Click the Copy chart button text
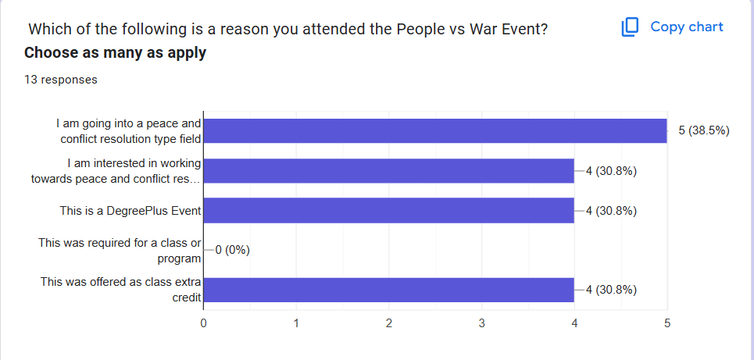coord(687,27)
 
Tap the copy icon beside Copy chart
coord(630,27)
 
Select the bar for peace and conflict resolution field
coord(434,130)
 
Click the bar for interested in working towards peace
coord(388,171)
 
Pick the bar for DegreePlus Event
coord(388,211)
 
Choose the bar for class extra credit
coord(388,290)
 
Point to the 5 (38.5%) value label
coord(703,130)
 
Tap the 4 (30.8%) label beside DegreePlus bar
coord(611,211)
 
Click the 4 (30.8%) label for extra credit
coord(611,290)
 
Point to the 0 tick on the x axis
coord(204,322)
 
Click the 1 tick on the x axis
coord(296,322)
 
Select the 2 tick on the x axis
coord(389,322)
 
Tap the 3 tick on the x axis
coord(481,322)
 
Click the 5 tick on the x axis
coord(666,322)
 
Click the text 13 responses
coord(60,80)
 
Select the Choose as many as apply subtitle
coord(115,53)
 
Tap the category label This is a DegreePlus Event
coord(130,211)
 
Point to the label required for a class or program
coord(120,250)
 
